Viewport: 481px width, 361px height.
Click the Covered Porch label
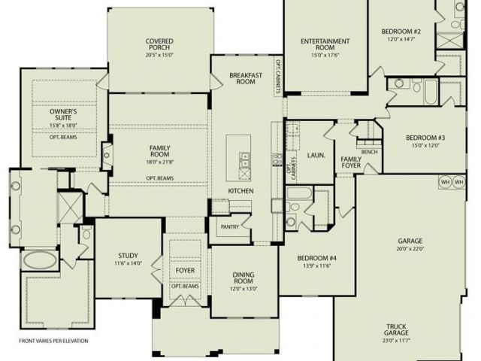coord(159,44)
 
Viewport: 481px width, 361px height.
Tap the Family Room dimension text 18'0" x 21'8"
coord(159,162)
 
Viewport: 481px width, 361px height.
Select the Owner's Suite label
coord(63,114)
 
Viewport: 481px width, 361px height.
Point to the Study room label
coord(129,256)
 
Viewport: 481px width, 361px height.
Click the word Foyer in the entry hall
coord(185,271)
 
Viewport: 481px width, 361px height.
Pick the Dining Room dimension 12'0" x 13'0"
coord(244,289)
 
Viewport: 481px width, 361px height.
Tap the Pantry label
coord(230,227)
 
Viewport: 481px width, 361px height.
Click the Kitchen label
coord(240,191)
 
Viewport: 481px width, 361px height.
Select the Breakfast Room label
coord(246,78)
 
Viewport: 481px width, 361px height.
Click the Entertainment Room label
coord(325,44)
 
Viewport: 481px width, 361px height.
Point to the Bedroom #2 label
coord(401,32)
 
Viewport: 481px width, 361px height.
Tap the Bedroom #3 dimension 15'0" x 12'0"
coord(425,145)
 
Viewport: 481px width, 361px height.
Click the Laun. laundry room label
coord(316,156)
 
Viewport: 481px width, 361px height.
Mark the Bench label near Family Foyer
coord(369,152)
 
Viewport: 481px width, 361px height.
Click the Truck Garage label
coord(396,329)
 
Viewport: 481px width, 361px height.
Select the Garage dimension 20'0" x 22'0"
coord(410,249)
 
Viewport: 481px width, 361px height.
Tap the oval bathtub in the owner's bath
coord(40,260)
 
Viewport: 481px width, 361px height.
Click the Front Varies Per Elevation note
coord(53,341)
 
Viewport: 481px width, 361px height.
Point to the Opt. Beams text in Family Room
coord(159,178)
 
